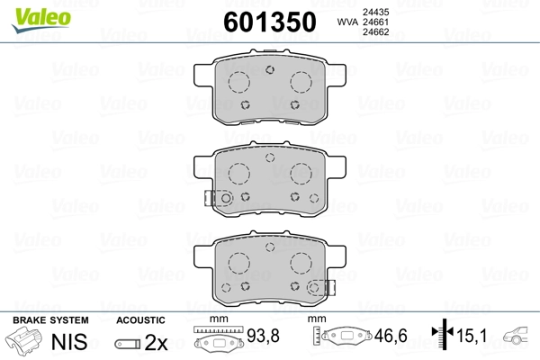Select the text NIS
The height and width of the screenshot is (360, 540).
(67, 342)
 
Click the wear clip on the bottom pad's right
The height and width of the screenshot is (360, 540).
(318, 287)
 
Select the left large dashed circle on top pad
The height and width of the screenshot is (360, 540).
(239, 82)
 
